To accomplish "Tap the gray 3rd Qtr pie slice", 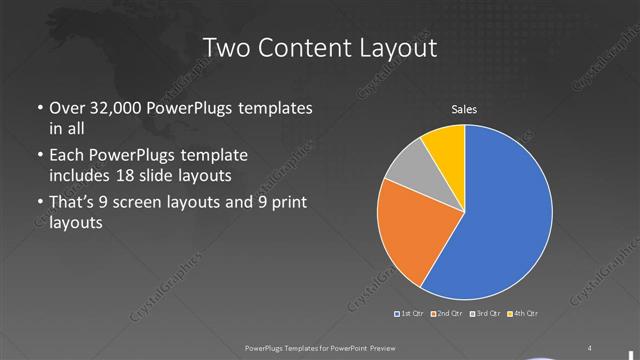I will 408,176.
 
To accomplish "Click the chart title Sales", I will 463,109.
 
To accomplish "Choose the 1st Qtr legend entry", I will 411,314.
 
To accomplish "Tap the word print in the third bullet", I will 287,203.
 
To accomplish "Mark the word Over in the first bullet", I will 66,109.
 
